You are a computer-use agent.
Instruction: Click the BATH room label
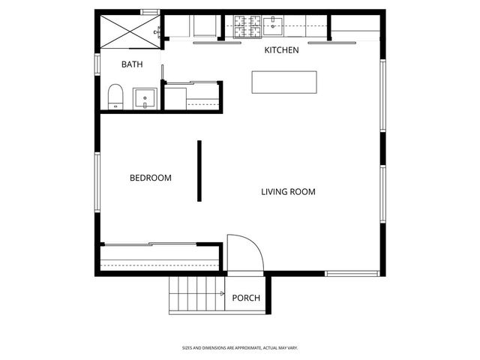pos(132,64)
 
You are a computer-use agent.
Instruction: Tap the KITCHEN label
pos(281,50)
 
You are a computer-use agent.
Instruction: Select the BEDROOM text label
pos(150,178)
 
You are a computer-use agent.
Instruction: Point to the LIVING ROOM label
pos(288,191)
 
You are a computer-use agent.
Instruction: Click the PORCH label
pos(246,298)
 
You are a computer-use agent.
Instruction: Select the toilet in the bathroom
pos(115,97)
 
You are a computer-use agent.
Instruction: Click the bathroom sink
pos(144,98)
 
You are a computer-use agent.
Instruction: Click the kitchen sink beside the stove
pos(274,27)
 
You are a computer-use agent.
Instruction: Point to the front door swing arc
pos(244,253)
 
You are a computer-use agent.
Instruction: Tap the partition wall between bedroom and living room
pos(199,171)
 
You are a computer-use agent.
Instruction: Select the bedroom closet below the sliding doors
pos(159,259)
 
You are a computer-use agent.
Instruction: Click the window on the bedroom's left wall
pos(96,181)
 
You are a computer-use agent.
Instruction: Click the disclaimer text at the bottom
pos(240,347)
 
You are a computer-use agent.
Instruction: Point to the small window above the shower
pos(150,11)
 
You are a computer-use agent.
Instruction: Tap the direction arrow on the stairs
pos(223,294)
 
